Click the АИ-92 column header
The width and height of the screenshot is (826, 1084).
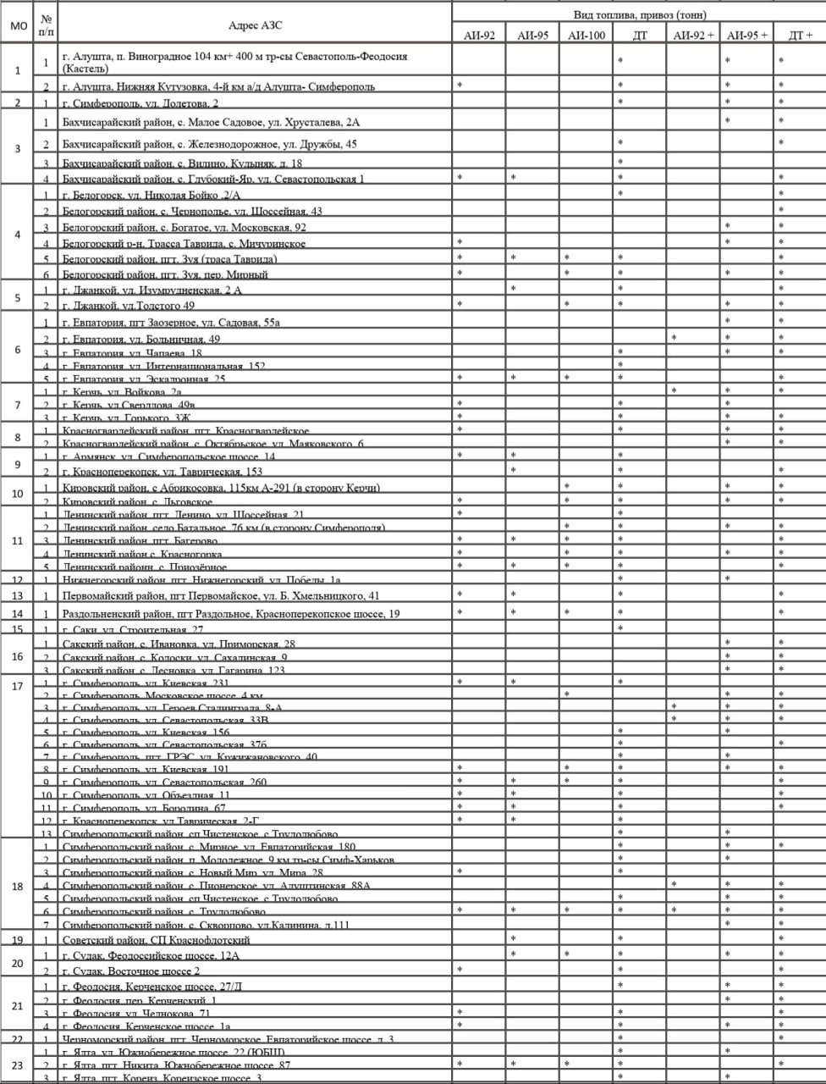click(479, 35)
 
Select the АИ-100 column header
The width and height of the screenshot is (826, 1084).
click(586, 35)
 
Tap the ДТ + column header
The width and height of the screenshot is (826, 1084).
click(799, 35)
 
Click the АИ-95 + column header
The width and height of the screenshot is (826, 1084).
click(747, 35)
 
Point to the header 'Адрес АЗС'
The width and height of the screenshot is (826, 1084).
click(256, 25)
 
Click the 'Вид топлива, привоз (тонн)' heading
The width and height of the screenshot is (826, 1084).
click(639, 15)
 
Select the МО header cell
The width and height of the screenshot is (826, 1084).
click(18, 25)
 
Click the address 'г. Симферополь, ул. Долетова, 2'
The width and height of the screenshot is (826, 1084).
click(140, 103)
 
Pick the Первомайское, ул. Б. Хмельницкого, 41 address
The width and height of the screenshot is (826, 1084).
click(221, 596)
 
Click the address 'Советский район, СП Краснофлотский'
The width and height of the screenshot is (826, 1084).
click(157, 940)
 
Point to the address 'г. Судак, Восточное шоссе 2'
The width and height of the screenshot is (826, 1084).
click(131, 971)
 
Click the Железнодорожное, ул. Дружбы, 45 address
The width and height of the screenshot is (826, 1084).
click(209, 144)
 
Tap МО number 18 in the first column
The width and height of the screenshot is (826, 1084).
click(18, 886)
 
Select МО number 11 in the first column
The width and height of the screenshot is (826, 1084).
click(18, 540)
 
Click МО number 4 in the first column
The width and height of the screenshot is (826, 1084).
click(18, 234)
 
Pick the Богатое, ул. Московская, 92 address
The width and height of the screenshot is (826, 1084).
click(184, 228)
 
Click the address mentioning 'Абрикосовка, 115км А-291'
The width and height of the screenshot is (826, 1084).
click(221, 488)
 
